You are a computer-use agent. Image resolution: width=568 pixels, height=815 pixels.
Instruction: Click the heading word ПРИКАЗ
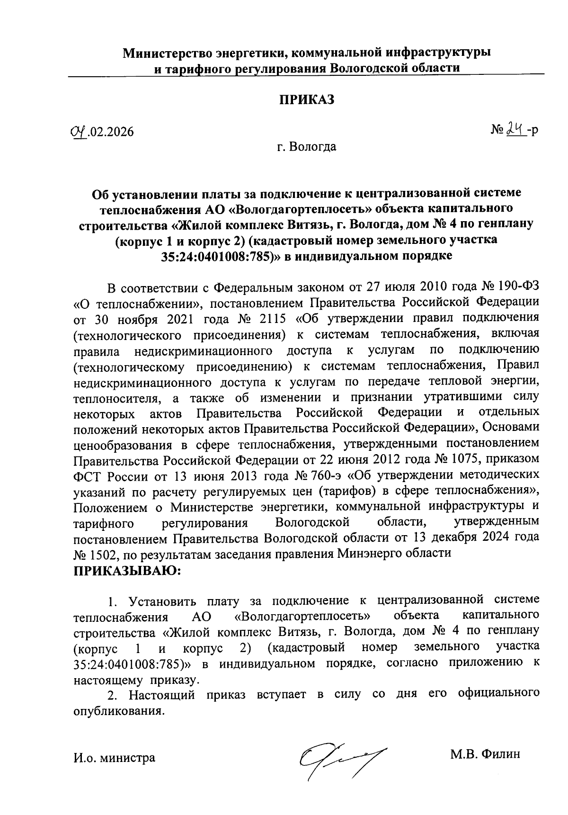pos(307,100)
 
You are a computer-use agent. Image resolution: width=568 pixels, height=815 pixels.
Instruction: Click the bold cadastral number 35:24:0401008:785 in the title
pos(223,256)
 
